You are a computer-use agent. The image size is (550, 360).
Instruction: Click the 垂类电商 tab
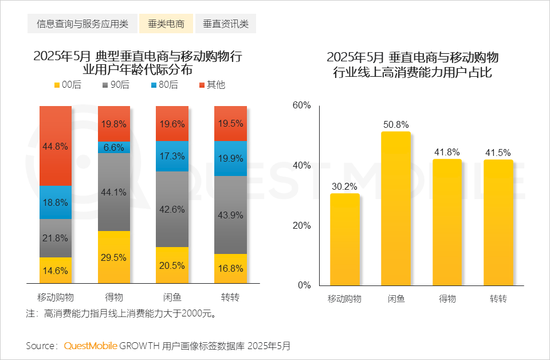[x=166, y=24]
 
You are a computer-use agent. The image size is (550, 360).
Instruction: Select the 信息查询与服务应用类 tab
[x=82, y=24]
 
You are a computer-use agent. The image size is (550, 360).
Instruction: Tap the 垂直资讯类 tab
[x=226, y=24]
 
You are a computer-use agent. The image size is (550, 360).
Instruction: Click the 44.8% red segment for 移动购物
[x=56, y=146]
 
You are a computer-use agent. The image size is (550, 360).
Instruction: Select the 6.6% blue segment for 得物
[x=114, y=147]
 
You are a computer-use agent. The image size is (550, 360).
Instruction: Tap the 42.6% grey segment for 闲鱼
[x=172, y=209]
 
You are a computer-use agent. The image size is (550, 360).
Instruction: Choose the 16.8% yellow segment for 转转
[x=231, y=268]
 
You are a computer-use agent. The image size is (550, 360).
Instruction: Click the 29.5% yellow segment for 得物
[x=114, y=257]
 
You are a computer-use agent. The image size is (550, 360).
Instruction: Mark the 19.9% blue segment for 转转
[x=231, y=158]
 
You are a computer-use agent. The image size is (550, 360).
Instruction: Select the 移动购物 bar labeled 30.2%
[x=345, y=239]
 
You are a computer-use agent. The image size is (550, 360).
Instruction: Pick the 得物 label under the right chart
[x=447, y=299]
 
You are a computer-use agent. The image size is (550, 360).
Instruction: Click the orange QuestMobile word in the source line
[x=91, y=346]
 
